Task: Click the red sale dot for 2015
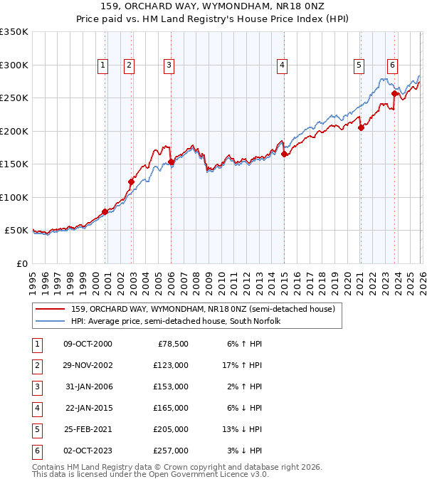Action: coord(284,154)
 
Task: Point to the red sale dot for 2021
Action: coord(361,127)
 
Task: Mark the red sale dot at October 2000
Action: coord(105,211)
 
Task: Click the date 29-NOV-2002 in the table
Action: coord(88,365)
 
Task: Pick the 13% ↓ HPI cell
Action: coord(243,429)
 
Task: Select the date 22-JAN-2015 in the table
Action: coord(88,408)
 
